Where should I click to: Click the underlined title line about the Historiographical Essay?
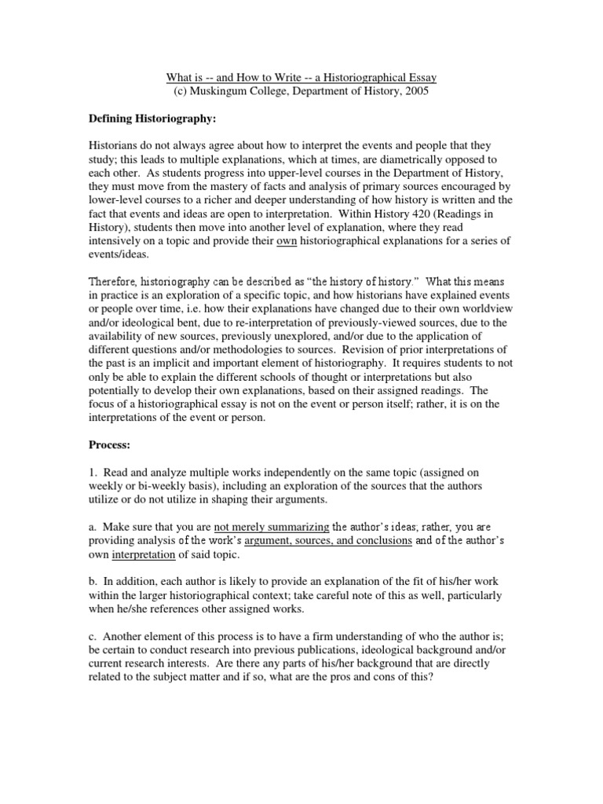click(301, 77)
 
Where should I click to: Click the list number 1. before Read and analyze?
click(91, 473)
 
